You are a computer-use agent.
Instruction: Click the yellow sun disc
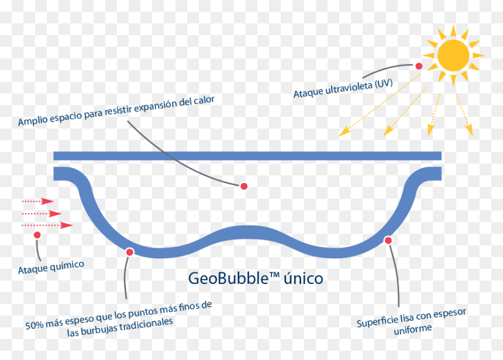pyautogui.click(x=453, y=55)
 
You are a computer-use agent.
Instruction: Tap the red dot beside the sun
pyautogui.click(x=419, y=66)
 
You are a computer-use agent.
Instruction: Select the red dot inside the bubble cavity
pyautogui.click(x=244, y=186)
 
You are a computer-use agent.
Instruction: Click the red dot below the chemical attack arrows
pyautogui.click(x=37, y=235)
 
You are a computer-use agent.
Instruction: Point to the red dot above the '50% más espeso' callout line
pyautogui.click(x=130, y=252)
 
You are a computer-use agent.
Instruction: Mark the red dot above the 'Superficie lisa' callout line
pyautogui.click(x=388, y=240)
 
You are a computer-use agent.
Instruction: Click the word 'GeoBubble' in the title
pyautogui.click(x=228, y=278)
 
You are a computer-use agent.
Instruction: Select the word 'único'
pyautogui.click(x=303, y=278)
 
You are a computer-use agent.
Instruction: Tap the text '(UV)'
pyautogui.click(x=384, y=84)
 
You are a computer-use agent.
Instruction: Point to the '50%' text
pyautogui.click(x=35, y=325)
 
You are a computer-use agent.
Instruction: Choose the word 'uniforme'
pyautogui.click(x=412, y=329)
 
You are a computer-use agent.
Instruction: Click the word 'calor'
pyautogui.click(x=204, y=101)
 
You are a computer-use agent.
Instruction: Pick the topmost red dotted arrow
pyautogui.click(x=37, y=201)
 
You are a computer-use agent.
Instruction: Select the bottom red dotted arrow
pyautogui.click(x=47, y=225)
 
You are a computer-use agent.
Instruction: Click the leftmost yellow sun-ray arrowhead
pyautogui.click(x=344, y=131)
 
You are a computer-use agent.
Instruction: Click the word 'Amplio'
pyautogui.click(x=33, y=120)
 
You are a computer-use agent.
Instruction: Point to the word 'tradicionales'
pyautogui.click(x=146, y=325)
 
